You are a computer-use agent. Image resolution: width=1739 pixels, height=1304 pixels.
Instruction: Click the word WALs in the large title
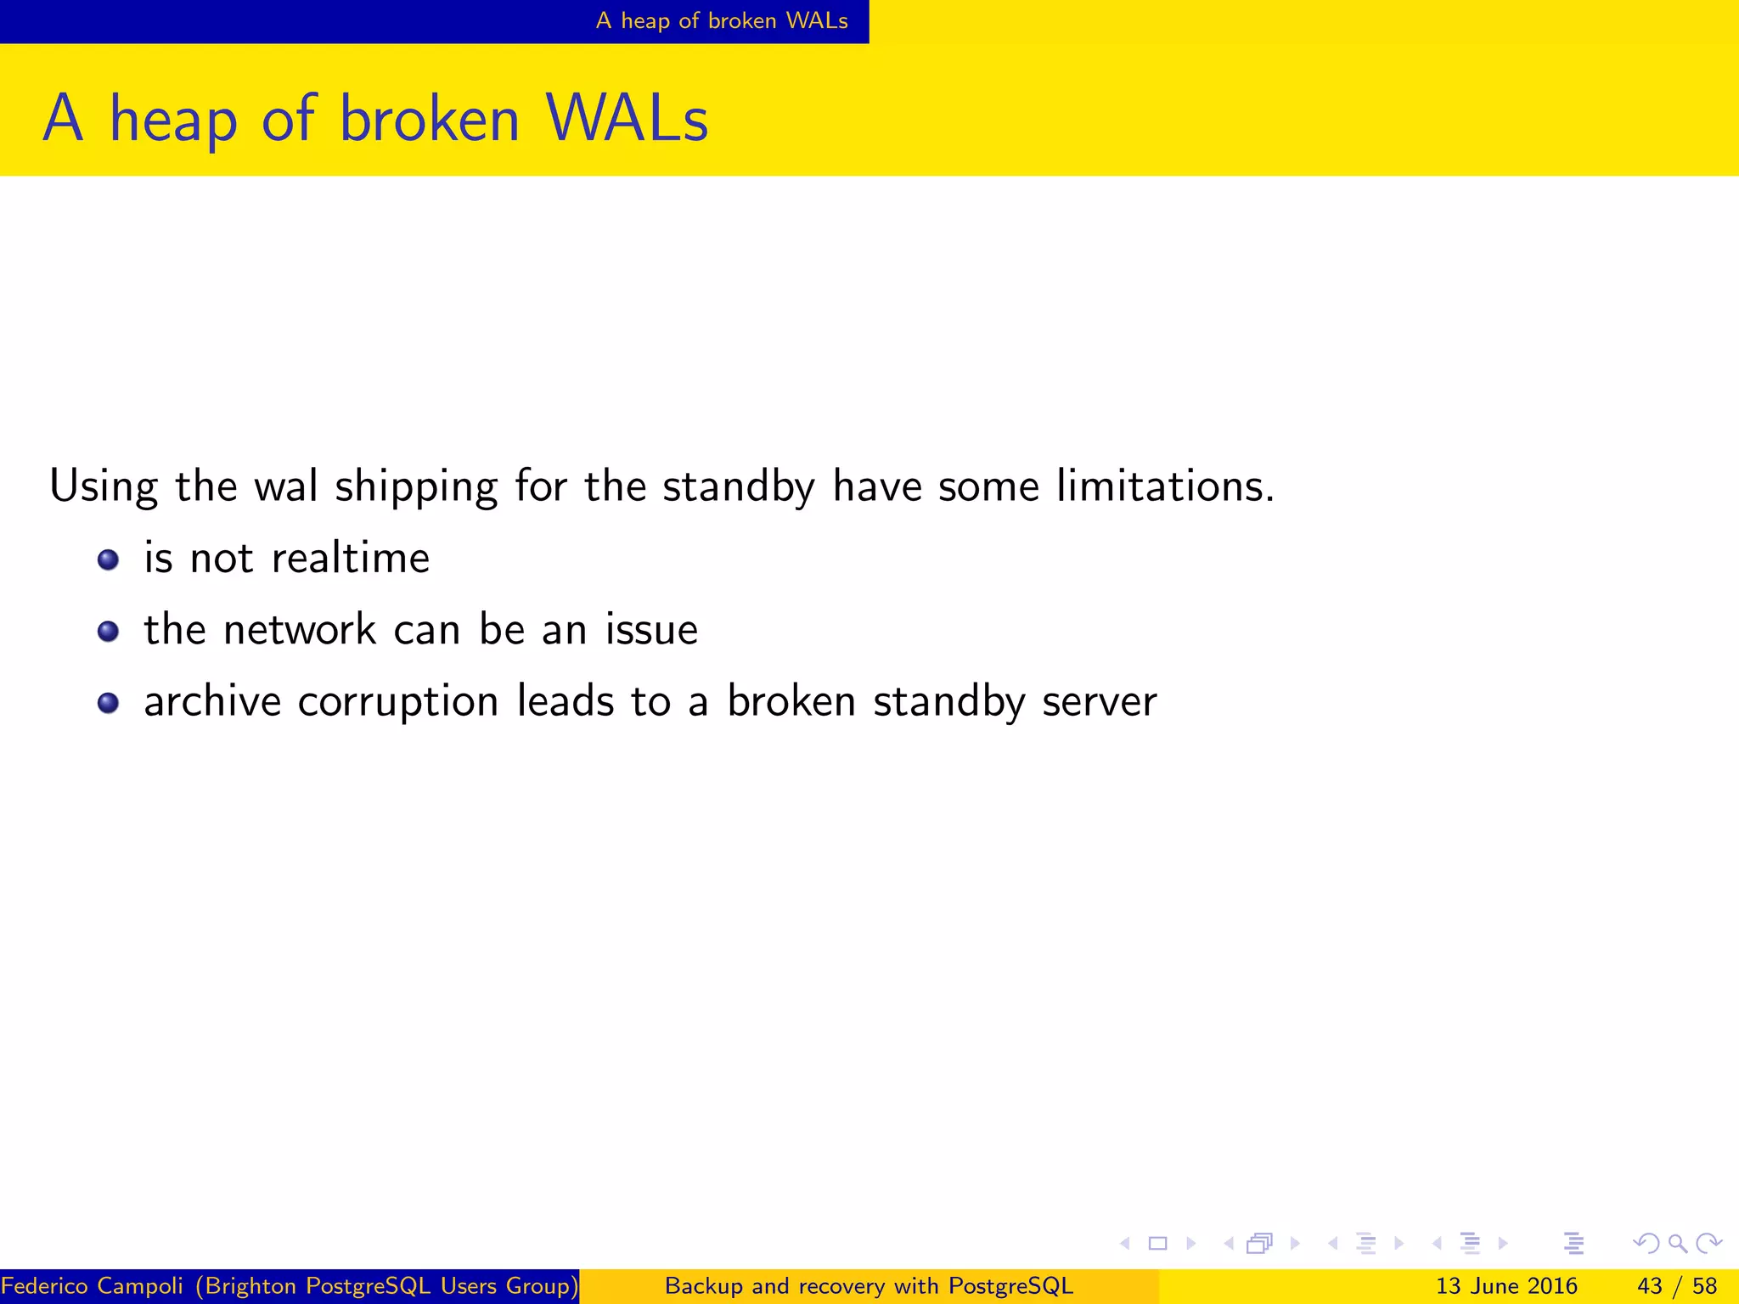627,119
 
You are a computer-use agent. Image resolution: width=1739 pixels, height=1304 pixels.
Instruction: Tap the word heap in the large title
173,121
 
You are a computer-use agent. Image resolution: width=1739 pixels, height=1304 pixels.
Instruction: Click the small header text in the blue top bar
722,20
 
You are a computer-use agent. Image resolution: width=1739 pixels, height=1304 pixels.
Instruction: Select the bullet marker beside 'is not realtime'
108,560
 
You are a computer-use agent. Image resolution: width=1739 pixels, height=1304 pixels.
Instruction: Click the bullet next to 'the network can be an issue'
108,632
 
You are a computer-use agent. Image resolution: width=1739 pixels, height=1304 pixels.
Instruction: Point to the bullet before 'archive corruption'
108,703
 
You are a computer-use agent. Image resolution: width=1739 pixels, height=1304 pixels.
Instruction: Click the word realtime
351,559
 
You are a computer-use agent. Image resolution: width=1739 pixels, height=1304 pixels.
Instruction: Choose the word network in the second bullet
300,630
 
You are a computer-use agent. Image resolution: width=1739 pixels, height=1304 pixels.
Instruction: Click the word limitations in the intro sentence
1165,486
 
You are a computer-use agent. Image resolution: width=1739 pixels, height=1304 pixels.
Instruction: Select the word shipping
416,488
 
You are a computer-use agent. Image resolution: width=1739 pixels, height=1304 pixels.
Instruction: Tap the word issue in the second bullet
651,630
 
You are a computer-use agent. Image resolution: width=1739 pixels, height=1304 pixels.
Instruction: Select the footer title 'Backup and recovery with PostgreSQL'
869,1286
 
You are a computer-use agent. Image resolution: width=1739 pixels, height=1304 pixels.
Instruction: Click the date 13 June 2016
1506,1286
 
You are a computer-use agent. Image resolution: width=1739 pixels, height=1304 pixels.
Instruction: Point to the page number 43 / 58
1677,1286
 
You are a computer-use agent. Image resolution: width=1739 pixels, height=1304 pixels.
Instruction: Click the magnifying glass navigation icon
1677,1244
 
